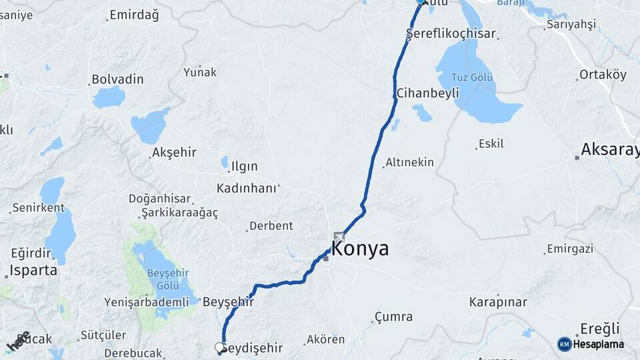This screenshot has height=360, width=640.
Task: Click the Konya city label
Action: point(360,249)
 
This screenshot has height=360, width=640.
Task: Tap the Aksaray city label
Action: point(609,149)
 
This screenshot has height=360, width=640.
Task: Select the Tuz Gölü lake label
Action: point(473,77)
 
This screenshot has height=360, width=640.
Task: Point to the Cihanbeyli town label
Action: point(427,93)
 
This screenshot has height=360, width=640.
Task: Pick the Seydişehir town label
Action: point(252,348)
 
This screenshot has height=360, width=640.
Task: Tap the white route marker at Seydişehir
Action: point(219,347)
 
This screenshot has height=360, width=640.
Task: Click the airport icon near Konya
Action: point(339,236)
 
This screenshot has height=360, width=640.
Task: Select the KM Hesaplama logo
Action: point(591,344)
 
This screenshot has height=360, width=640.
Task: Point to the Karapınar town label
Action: point(498,302)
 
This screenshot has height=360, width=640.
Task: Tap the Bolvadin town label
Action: point(117,79)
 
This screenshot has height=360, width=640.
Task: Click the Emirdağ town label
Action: point(134,15)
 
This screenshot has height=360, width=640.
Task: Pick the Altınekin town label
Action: point(409,162)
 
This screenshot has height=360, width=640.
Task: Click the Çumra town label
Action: point(393,317)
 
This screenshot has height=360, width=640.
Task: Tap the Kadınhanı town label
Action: point(247,189)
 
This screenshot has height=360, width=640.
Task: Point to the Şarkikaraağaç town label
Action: point(180,213)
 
